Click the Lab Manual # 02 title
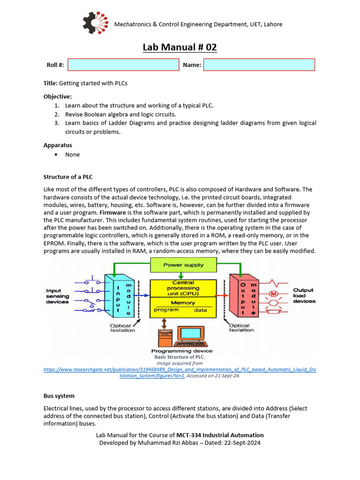pos(180,47)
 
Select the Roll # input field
pos(123,65)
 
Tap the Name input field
pos(259,65)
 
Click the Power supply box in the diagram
pos(183,265)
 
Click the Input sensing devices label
pos(57,296)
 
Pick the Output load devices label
pos(304,296)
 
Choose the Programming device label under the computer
pos(182,351)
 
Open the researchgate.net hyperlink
pos(180,369)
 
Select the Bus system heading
pos(59,396)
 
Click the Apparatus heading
pos(58,145)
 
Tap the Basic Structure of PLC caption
pos(180,357)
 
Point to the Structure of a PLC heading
pos(68,177)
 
